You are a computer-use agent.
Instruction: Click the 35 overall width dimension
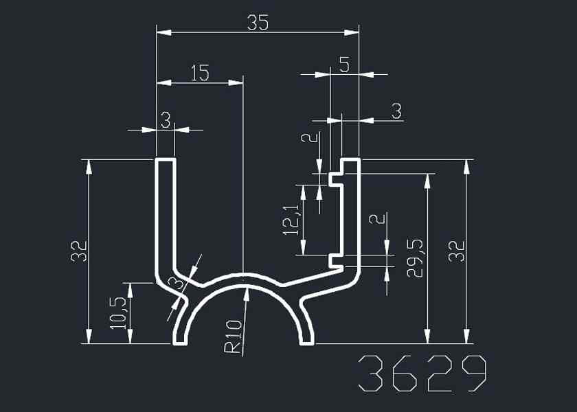pos(258,23)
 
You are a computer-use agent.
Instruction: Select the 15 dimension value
pos(199,73)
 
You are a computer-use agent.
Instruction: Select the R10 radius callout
pos(234,337)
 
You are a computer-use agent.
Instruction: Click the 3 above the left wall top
pos(166,120)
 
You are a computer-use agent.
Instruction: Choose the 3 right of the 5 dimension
pos(396,111)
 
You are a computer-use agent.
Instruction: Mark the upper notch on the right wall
pos(335,179)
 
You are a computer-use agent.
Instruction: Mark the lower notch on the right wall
pos(335,260)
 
